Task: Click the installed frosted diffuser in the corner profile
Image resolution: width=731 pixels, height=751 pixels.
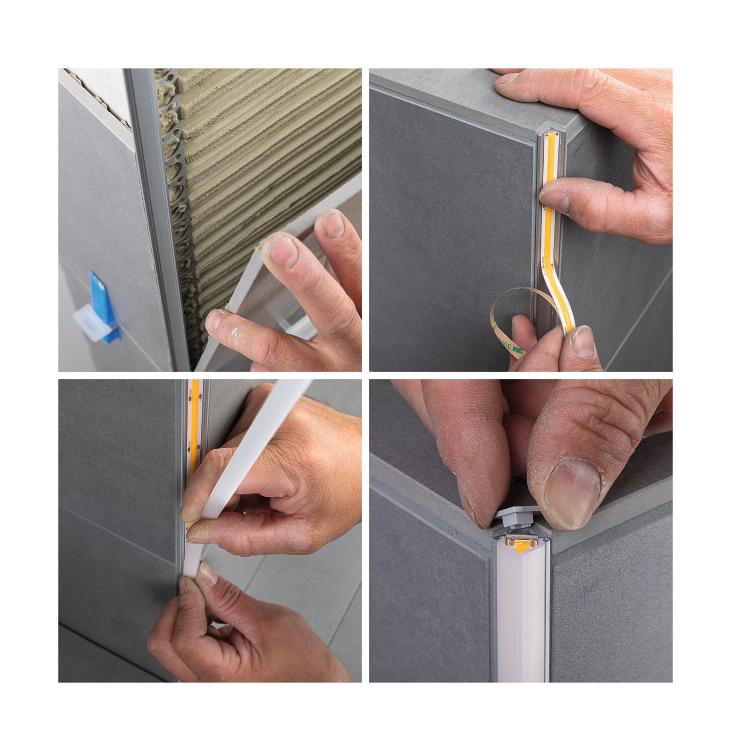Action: click(522, 619)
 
